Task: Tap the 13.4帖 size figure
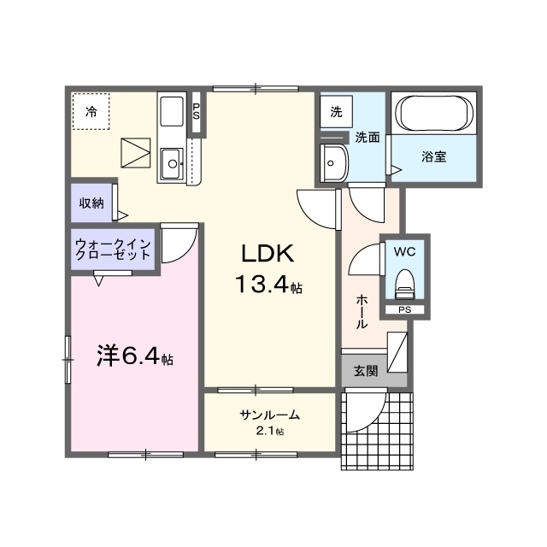tap(268, 286)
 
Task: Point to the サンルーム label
tap(269, 415)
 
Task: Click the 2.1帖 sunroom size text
tap(270, 432)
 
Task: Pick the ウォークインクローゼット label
tap(114, 249)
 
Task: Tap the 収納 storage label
tap(92, 203)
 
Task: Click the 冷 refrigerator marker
tap(91, 110)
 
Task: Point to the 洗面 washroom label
tap(368, 137)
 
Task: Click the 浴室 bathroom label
tap(434, 156)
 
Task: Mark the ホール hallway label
tap(362, 312)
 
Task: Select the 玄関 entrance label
tap(366, 371)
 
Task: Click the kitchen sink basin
tap(172, 160)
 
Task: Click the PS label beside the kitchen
tap(197, 110)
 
